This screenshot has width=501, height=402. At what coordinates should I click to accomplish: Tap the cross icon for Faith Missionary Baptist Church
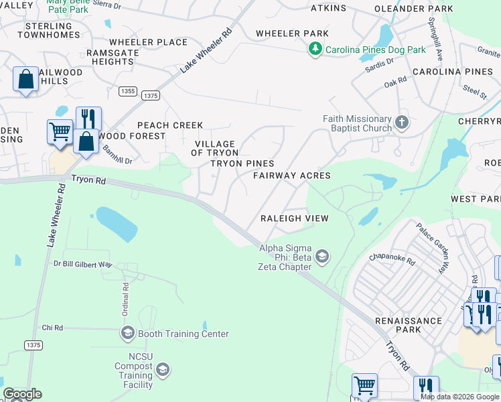coord(401,122)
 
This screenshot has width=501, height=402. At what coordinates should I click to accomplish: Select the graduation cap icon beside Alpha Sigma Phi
coord(321,257)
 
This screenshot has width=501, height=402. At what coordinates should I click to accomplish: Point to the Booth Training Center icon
coord(127,333)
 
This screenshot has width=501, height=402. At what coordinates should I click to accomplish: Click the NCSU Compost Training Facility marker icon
coord(162,370)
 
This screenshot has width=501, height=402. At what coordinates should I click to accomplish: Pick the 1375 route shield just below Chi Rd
coord(33,345)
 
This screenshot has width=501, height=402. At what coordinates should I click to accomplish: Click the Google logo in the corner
coord(22,394)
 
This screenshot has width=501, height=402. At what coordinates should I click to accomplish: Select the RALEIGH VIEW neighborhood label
coord(294,218)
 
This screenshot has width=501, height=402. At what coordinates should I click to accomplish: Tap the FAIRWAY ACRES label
coord(291,176)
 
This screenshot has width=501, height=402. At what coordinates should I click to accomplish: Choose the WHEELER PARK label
coord(292,33)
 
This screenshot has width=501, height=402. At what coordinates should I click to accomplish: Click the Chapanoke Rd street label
coord(392,259)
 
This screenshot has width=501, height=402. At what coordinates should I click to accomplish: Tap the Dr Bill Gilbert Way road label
coord(82,265)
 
